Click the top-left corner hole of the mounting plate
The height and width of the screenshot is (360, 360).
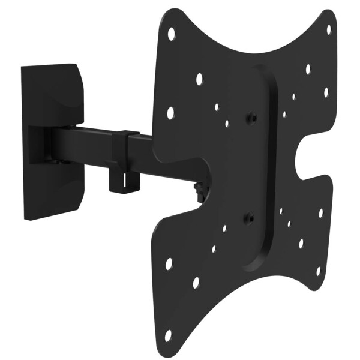(x=171, y=34)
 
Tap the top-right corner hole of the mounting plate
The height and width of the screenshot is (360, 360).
(x=328, y=29)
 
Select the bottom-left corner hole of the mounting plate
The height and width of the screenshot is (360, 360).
(x=168, y=335)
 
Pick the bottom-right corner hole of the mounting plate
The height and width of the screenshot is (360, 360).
(x=318, y=271)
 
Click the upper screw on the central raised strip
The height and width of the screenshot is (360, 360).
(x=253, y=118)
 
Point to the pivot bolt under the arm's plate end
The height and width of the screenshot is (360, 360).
(x=199, y=191)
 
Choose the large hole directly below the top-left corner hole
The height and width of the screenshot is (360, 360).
(x=170, y=112)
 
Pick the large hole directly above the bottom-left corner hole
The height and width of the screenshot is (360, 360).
(x=169, y=263)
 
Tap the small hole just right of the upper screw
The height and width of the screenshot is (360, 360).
(x=284, y=113)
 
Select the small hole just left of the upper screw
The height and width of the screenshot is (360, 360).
(x=227, y=124)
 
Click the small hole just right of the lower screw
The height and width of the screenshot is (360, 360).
(x=280, y=211)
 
